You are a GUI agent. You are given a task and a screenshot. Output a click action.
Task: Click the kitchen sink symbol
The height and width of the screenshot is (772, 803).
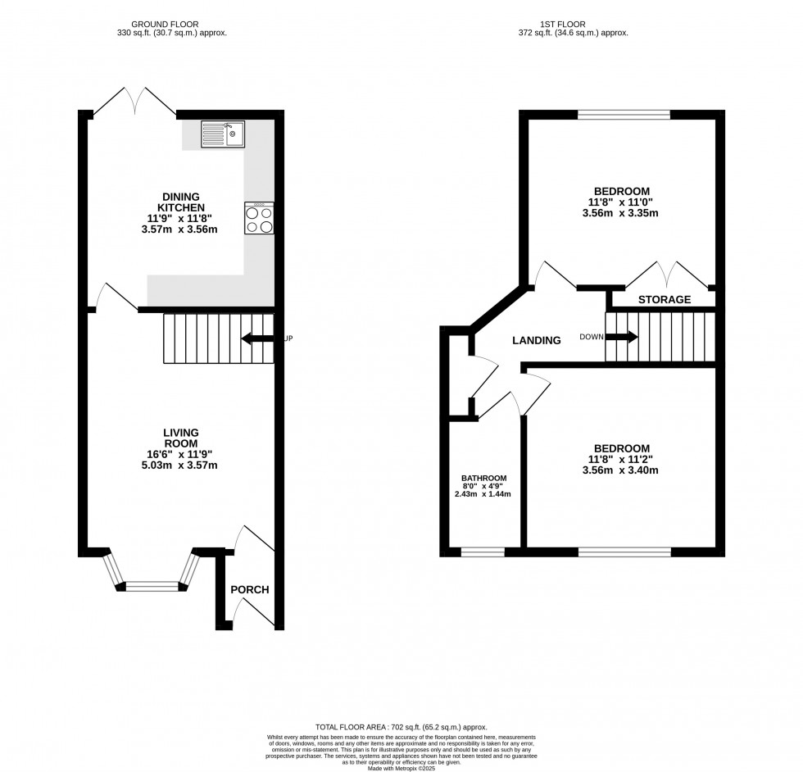[x=223, y=134]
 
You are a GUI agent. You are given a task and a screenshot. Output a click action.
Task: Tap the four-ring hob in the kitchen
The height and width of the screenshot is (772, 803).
[x=259, y=219]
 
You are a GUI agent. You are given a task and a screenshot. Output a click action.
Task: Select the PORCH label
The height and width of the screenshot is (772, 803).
[x=249, y=590]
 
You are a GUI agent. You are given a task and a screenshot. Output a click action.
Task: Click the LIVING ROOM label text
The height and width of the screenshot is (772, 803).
[x=181, y=438]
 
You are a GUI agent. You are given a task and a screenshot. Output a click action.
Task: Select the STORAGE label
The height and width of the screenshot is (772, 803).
[x=665, y=300]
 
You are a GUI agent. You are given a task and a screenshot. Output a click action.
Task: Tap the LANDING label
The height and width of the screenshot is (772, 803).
[x=537, y=340]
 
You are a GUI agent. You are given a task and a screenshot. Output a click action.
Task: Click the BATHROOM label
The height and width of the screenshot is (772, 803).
[x=483, y=479]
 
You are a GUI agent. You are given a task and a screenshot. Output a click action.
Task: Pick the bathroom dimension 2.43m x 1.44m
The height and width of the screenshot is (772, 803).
[x=483, y=494]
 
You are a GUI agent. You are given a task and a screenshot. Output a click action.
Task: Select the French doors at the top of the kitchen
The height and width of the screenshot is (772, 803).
[x=135, y=101]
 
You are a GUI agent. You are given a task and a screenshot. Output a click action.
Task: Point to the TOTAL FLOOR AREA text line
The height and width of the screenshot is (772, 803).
[x=401, y=727]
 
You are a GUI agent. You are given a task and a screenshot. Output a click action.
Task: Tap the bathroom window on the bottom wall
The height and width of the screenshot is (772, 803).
[x=483, y=552]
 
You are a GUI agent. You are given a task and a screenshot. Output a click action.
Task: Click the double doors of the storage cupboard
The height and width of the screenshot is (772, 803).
[x=665, y=275]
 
